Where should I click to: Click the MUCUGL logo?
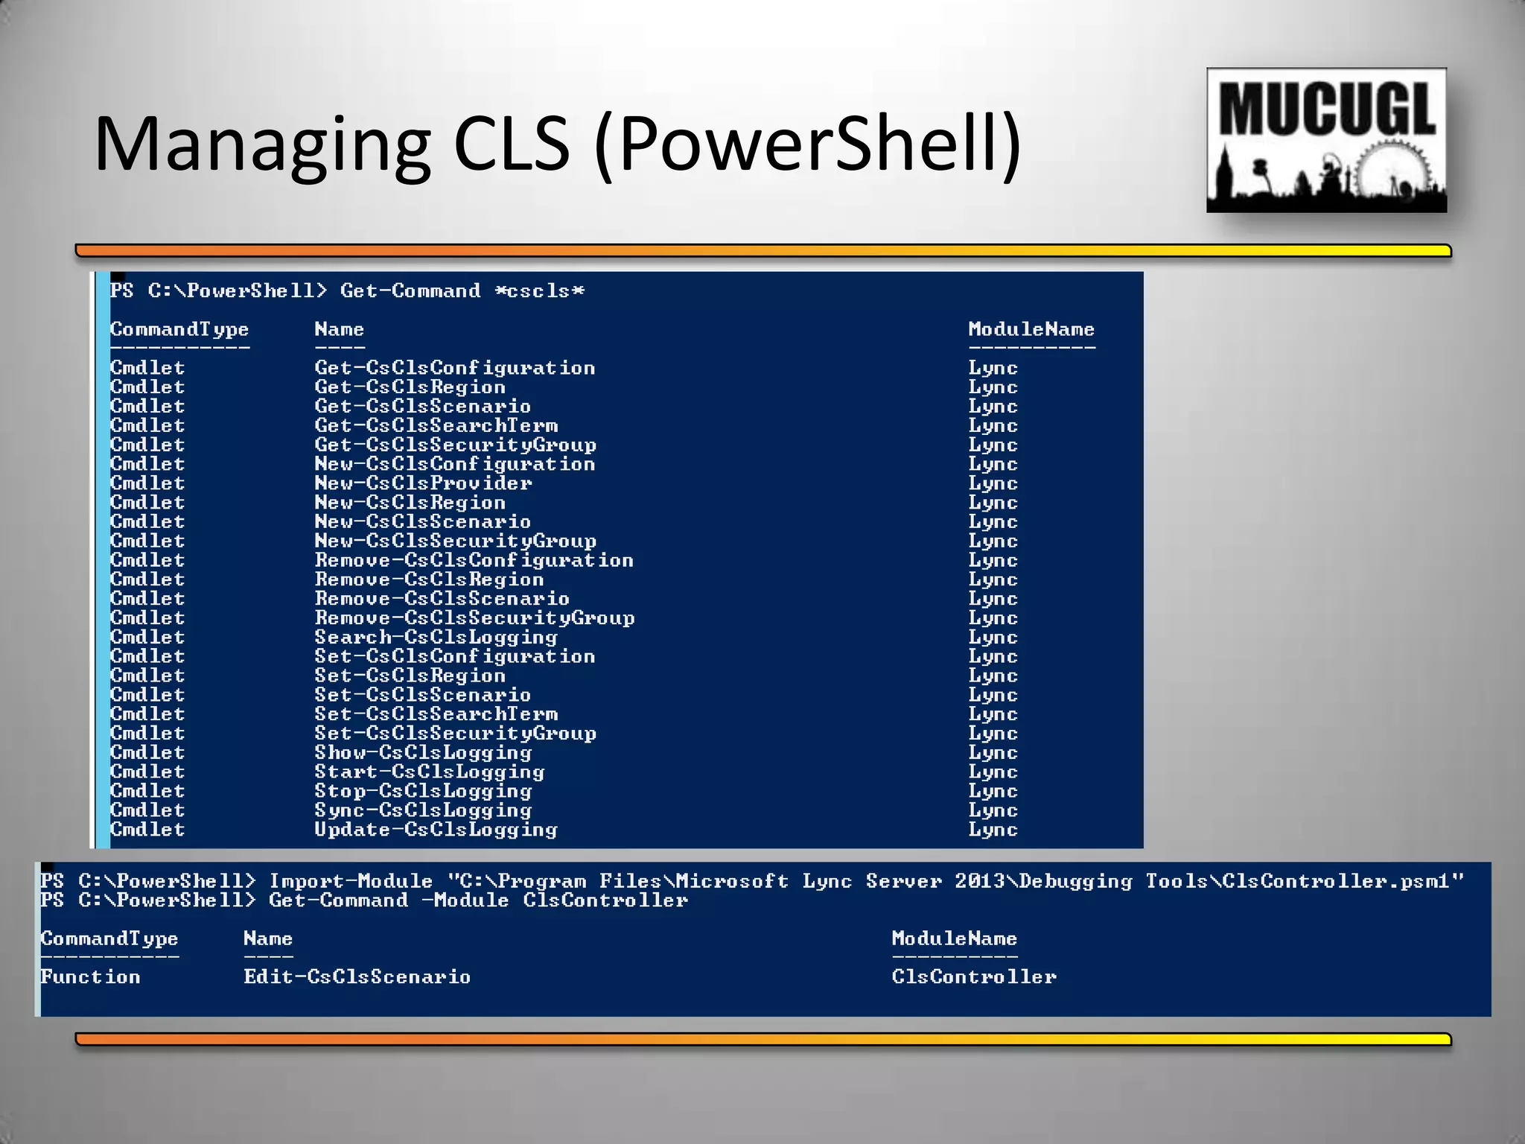tap(1326, 140)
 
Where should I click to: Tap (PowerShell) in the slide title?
tap(807, 144)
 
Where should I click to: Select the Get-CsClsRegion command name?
tap(410, 387)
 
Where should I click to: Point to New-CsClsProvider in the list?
tap(423, 483)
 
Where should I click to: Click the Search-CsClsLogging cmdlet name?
tap(436, 638)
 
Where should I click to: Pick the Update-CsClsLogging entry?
tap(436, 830)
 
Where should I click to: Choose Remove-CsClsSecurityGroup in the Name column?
tap(474, 618)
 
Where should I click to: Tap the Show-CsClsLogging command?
tap(423, 753)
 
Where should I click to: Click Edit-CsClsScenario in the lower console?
tap(357, 977)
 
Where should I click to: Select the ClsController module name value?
tap(974, 977)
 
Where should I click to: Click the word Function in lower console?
tap(90, 977)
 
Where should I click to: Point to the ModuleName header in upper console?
tap(1031, 329)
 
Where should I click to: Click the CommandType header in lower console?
tap(109, 938)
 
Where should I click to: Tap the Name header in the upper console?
tap(339, 329)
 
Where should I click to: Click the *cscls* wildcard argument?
tap(540, 291)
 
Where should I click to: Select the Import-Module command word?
tap(351, 882)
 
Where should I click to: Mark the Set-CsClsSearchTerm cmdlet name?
tap(436, 714)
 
